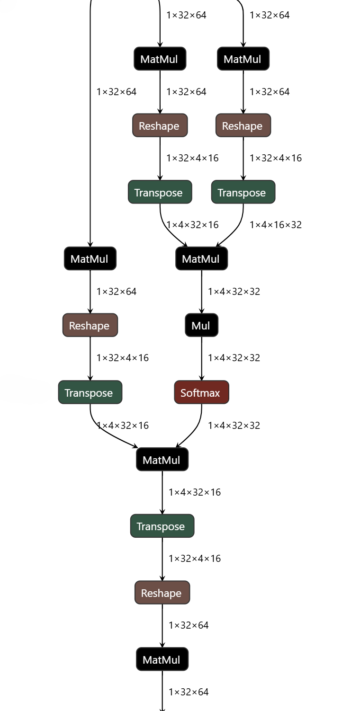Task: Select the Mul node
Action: [201, 325]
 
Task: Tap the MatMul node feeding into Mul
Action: [201, 259]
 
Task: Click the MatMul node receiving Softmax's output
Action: [162, 460]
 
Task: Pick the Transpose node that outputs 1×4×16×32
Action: [243, 192]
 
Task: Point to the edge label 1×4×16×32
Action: [275, 224]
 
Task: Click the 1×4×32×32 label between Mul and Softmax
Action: [234, 358]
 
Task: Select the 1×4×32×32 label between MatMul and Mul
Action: [234, 292]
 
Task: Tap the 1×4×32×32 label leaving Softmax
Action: [234, 426]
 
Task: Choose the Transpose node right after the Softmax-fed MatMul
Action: [162, 526]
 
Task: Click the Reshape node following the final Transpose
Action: [162, 593]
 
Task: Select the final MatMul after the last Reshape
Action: [162, 659]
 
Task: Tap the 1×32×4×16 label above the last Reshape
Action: [195, 559]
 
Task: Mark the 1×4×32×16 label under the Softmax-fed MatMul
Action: [195, 492]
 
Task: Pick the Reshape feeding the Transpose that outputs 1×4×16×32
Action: [243, 125]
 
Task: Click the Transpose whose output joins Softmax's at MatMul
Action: [90, 392]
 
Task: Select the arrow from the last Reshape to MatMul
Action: [162, 626]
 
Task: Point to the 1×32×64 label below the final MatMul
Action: [189, 692]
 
